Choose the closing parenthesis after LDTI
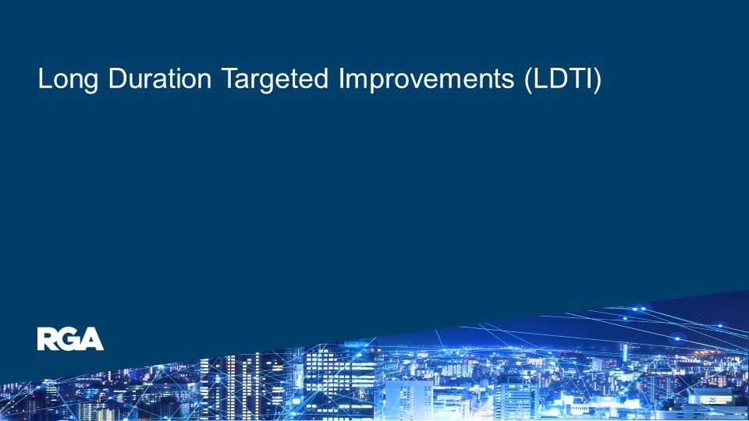coord(597,80)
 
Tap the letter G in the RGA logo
coord(70,339)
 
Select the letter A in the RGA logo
coord(92,339)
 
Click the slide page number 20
coord(712,400)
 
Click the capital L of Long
coord(44,80)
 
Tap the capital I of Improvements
coord(341,80)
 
